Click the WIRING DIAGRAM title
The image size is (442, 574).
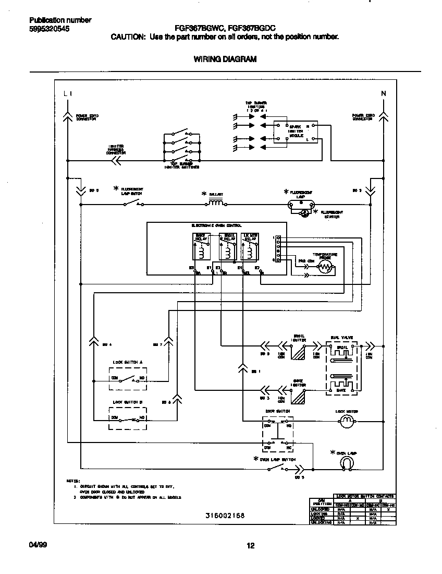coord(225,59)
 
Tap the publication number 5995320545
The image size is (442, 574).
coord(49,29)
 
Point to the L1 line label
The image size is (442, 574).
coord(67,94)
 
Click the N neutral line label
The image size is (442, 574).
coord(384,94)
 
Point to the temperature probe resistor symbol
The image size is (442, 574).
coord(325,268)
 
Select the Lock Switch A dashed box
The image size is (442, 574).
coord(128,378)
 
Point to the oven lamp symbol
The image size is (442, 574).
coord(347,462)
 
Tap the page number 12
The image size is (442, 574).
coord(250,546)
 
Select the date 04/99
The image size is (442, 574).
coord(38,545)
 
